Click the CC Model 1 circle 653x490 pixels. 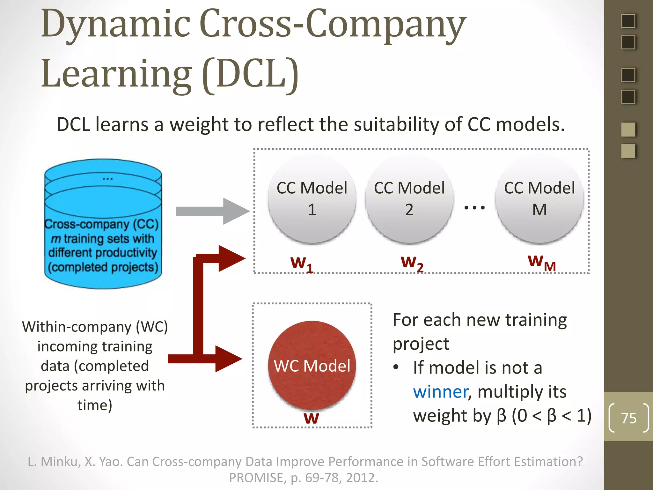tap(312, 198)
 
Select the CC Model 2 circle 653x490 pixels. tap(409, 198)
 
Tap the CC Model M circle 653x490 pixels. tap(539, 198)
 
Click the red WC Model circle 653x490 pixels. tap(312, 365)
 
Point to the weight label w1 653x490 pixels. tap(301, 264)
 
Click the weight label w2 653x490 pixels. tap(412, 263)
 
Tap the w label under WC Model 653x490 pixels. tap(311, 418)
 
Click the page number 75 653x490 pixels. tap(628, 418)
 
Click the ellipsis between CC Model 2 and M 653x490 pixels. tap(474, 208)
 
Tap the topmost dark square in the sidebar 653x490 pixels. tap(628, 21)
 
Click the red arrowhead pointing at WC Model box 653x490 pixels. tap(228, 359)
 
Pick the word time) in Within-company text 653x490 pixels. tap(95, 405)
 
